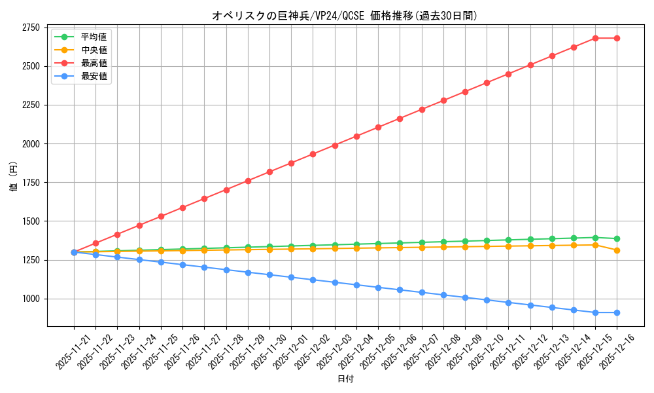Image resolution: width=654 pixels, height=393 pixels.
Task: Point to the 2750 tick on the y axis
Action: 31,28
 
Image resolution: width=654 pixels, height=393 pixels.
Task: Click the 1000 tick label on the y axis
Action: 31,299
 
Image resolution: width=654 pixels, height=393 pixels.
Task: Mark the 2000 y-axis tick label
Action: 31,143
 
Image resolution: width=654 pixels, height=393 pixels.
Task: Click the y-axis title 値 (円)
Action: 14,177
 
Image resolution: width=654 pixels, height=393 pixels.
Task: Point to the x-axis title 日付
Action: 345,379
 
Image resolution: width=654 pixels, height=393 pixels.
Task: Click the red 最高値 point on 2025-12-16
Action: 617,38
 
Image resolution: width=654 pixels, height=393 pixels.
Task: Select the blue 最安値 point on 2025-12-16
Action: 617,312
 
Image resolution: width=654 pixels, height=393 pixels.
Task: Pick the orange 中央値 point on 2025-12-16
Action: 617,250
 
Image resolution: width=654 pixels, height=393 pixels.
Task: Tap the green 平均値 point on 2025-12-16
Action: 617,238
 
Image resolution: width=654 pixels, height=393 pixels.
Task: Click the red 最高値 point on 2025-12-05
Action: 378,127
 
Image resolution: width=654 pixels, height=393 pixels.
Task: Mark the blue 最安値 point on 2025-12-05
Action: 378,288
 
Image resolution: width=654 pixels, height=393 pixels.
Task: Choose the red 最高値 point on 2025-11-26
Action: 182,208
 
